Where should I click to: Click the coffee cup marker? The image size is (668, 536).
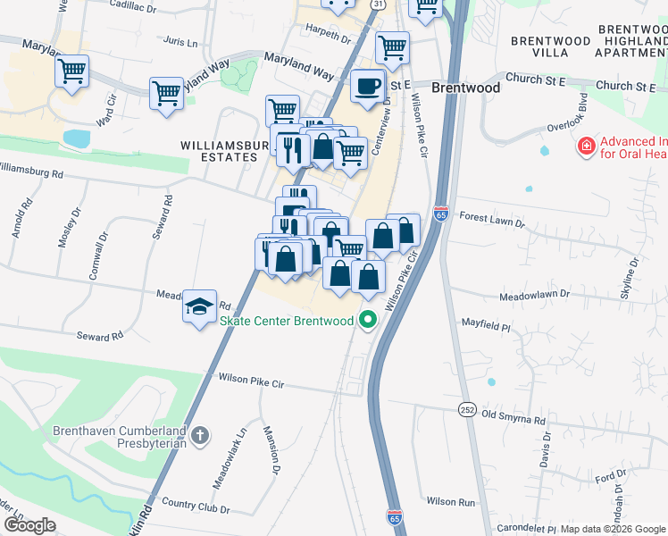367,87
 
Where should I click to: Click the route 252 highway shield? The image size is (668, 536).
467,408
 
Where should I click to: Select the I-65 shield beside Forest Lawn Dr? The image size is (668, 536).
439,214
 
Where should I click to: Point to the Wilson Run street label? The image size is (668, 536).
451,502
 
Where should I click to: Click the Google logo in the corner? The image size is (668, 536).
29,525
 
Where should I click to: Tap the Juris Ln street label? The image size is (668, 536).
180,42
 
